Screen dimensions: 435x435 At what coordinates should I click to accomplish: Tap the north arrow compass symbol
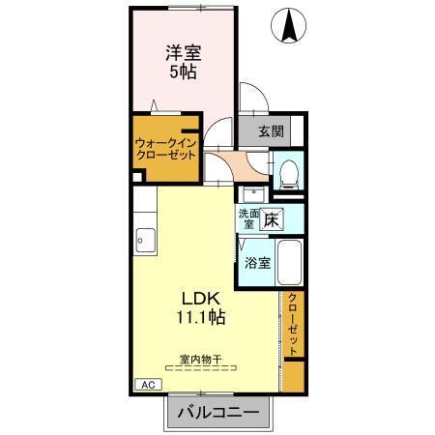coord(289,26)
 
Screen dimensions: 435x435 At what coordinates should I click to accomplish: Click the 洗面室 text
coord(247,218)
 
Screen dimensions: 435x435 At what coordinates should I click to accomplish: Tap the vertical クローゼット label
coord(293,326)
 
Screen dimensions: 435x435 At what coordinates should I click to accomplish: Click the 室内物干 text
coord(200,359)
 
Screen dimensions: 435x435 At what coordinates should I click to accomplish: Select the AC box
coord(148,385)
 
